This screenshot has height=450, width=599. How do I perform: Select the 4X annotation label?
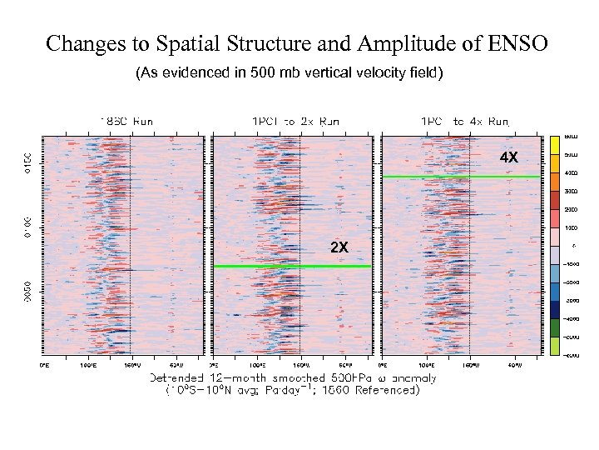[508, 157]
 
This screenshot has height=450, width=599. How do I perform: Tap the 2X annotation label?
[339, 247]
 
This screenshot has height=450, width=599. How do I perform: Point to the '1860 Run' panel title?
[126, 121]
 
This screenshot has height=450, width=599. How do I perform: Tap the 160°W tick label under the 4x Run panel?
[469, 364]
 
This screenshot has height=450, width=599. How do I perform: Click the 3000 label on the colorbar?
[572, 191]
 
